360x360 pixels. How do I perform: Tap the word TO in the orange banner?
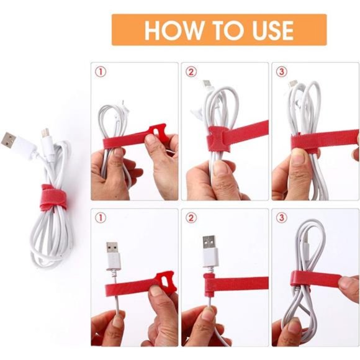tap(222, 30)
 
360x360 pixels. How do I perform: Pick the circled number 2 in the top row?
tap(191, 71)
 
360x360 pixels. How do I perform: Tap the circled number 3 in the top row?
tap(281, 71)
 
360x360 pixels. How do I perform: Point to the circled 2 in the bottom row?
tap(191, 218)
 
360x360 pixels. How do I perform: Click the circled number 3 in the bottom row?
tap(281, 218)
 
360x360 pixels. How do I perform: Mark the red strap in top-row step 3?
tap(323, 142)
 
